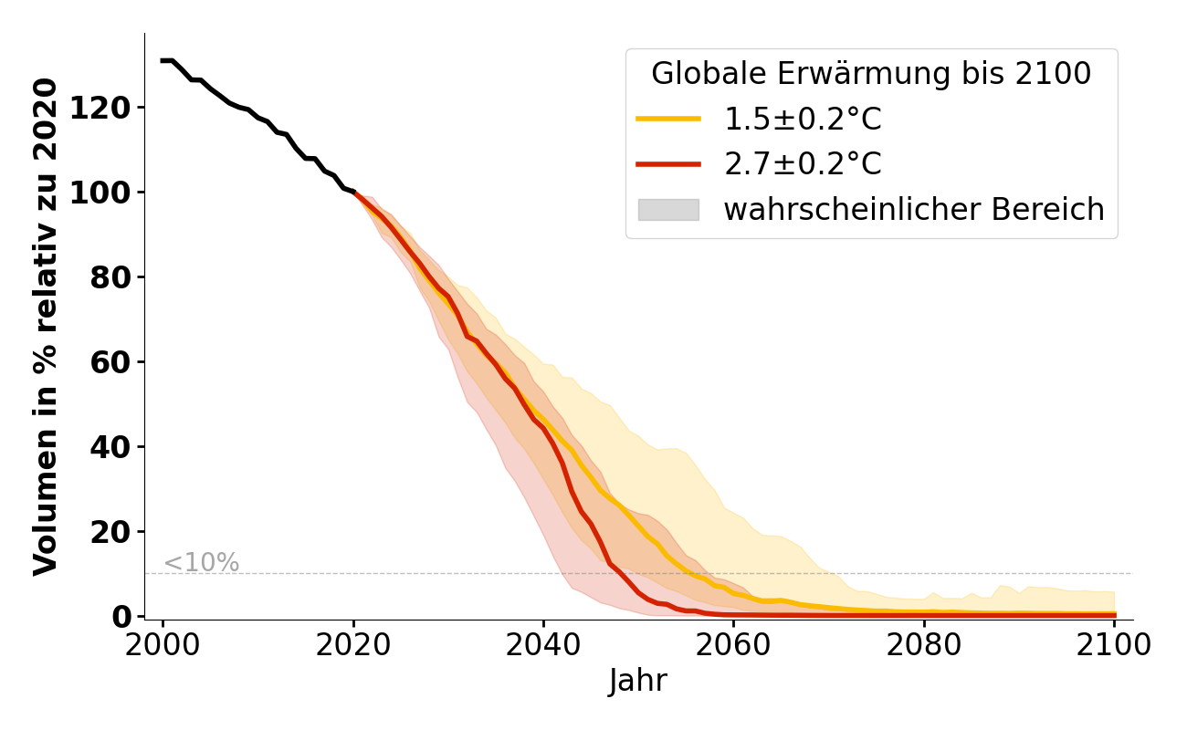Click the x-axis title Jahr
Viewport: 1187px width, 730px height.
638,682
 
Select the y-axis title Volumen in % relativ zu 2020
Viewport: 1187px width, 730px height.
46,327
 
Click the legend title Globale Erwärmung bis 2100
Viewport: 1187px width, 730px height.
871,75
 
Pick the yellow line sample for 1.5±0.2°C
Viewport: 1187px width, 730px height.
668,119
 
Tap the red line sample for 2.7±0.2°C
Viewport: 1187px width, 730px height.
668,164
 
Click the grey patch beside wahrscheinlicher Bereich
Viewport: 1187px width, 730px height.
668,210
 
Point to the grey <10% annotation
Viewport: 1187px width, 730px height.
201,563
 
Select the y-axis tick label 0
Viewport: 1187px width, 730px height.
123,617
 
